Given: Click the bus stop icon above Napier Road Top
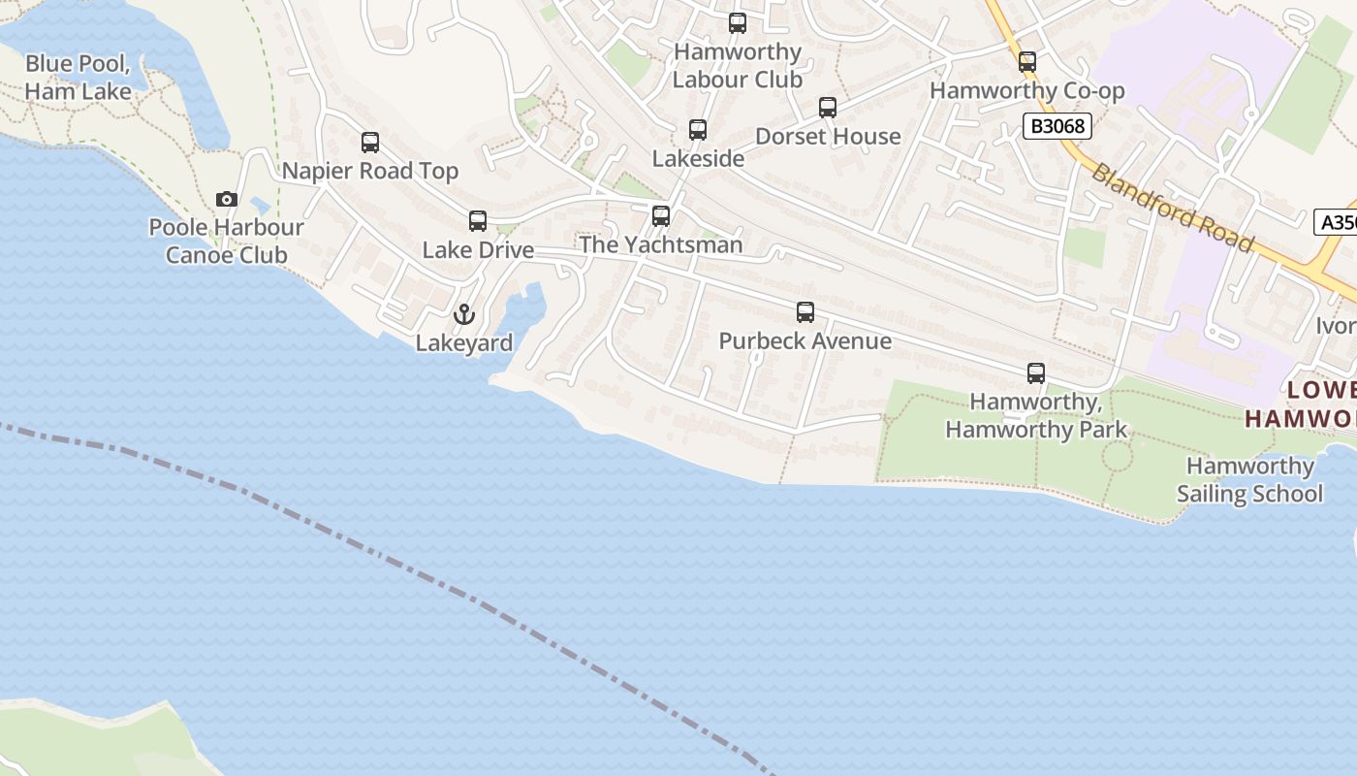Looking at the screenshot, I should pyautogui.click(x=370, y=143).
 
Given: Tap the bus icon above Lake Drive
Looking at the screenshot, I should pyautogui.click(x=478, y=221).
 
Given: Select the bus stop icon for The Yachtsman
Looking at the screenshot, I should pyautogui.click(x=661, y=215).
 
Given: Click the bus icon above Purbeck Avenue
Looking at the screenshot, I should pyautogui.click(x=805, y=312).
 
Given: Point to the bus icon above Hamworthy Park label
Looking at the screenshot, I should pyautogui.click(x=1036, y=373).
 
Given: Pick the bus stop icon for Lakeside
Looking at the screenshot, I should pyautogui.click(x=698, y=130).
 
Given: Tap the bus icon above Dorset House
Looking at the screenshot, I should pyautogui.click(x=828, y=108).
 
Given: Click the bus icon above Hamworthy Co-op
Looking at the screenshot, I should pyautogui.click(x=1027, y=62).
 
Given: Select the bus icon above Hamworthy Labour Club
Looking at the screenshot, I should pyautogui.click(x=738, y=23).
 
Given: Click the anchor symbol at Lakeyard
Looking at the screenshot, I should pyautogui.click(x=464, y=314).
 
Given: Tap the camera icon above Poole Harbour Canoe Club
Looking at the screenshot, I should pyautogui.click(x=227, y=199).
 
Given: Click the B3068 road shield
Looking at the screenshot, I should pyautogui.click(x=1057, y=125).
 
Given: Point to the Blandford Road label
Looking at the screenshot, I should pyautogui.click(x=1172, y=207).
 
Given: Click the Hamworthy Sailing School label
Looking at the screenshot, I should pyautogui.click(x=1249, y=480).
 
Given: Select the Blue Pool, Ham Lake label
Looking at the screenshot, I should pyautogui.click(x=78, y=78).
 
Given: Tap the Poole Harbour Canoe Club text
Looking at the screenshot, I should pyautogui.click(x=226, y=241).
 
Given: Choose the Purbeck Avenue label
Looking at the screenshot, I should pyautogui.click(x=805, y=341).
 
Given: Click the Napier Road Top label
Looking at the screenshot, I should pyautogui.click(x=370, y=172).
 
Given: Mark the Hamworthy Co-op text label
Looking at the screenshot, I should pyautogui.click(x=1027, y=91).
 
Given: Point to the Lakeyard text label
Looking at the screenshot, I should pyautogui.click(x=464, y=343).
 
